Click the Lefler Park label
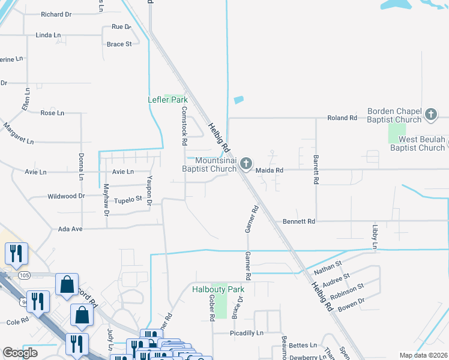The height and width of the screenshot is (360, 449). (x=168, y=100)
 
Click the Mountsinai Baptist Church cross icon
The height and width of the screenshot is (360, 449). (x=246, y=163)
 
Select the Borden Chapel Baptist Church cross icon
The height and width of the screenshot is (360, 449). (x=430, y=114)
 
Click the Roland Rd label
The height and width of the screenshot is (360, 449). (x=342, y=118)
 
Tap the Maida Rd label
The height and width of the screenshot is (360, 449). (x=268, y=170)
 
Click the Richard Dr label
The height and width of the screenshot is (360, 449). (x=56, y=14)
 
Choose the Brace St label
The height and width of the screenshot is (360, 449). (x=119, y=44)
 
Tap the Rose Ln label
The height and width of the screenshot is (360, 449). (x=52, y=113)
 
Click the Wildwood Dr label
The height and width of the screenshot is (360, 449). (x=66, y=196)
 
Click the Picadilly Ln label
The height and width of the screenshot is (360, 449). (x=247, y=333)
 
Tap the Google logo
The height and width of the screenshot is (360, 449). (x=20, y=353)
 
